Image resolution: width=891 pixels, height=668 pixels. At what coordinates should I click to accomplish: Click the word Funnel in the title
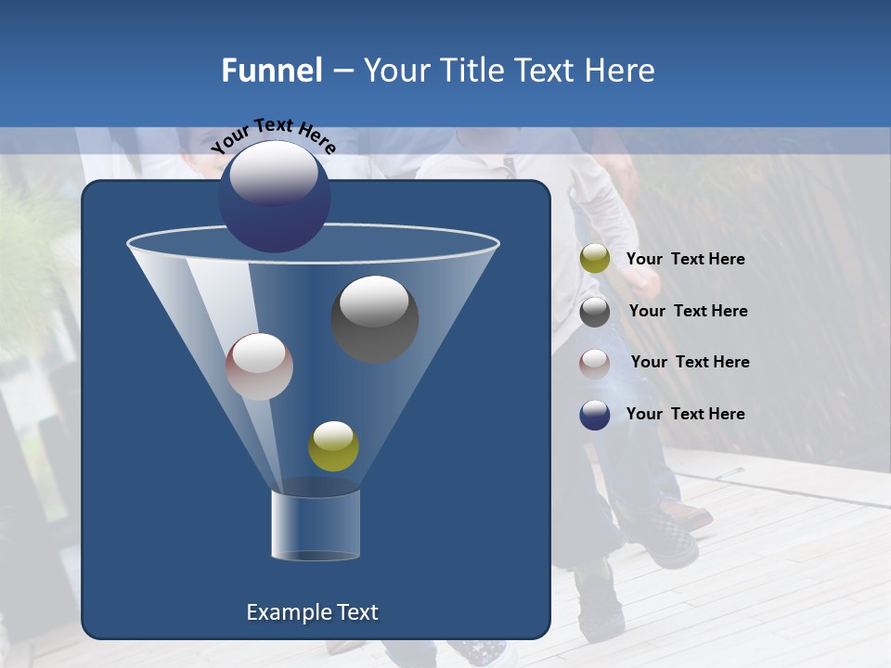(x=271, y=71)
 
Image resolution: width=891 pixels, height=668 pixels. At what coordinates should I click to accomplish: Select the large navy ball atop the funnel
(x=275, y=198)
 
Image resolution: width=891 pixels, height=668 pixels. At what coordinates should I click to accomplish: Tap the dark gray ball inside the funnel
(x=374, y=318)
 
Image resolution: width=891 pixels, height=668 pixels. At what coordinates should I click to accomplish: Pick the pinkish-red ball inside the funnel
(x=259, y=366)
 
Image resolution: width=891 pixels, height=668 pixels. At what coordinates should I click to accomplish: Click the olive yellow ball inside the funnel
(x=333, y=446)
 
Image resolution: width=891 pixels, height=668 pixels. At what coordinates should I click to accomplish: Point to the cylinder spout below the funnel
(x=315, y=525)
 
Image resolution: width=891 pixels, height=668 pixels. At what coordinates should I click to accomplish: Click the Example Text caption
(x=312, y=612)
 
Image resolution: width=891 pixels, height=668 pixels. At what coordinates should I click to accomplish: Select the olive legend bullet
(x=595, y=259)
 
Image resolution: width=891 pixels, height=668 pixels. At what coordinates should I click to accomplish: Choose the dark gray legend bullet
(x=595, y=312)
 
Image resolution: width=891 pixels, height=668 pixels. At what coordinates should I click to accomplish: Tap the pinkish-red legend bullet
(x=595, y=363)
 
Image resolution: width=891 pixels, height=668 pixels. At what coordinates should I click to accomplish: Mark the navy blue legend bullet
(x=595, y=415)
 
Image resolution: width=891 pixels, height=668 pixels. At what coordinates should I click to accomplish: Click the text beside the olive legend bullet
(x=685, y=260)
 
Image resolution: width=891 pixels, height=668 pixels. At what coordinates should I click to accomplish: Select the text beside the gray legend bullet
(x=688, y=312)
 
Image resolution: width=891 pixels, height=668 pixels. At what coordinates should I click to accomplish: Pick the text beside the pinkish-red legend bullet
(x=690, y=363)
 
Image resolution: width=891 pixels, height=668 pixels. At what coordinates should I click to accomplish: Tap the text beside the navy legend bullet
(x=685, y=415)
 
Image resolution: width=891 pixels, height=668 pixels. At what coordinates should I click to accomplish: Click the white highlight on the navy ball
(x=273, y=173)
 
